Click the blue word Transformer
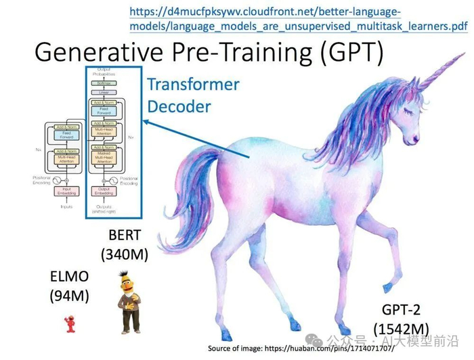[x=193, y=85]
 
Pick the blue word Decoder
[x=179, y=107]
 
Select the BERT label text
[x=125, y=236]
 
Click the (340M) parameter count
[x=125, y=256]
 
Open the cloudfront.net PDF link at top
[x=298, y=19]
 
